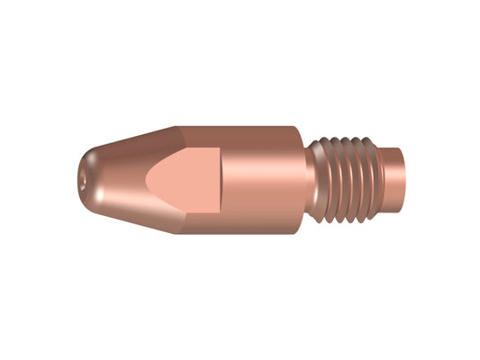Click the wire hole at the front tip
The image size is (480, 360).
[84, 180]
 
